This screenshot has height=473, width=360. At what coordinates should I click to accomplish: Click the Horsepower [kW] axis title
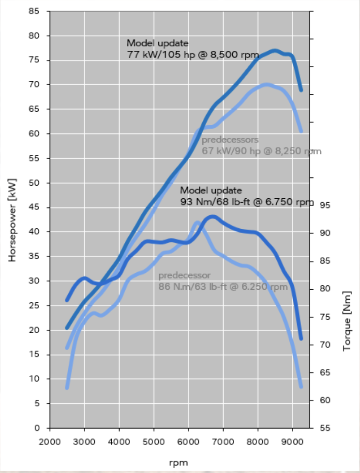coord(13,220)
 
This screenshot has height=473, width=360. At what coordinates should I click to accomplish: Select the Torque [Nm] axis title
coord(346,321)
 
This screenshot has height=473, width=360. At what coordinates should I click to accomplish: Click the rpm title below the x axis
coord(178,462)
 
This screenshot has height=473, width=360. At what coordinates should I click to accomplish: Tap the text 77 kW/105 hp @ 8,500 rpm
coord(193,54)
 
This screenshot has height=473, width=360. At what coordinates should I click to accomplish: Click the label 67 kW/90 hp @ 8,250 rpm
coord(261,151)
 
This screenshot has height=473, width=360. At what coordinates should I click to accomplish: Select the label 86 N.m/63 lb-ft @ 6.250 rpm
coord(223,286)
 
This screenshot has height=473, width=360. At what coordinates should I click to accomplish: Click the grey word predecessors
coord(230,140)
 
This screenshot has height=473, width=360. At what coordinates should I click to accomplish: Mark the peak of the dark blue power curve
coord(275,50)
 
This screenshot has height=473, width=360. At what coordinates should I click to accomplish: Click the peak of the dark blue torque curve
coord(213,217)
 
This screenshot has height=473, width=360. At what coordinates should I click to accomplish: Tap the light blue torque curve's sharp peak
coord(197,222)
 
